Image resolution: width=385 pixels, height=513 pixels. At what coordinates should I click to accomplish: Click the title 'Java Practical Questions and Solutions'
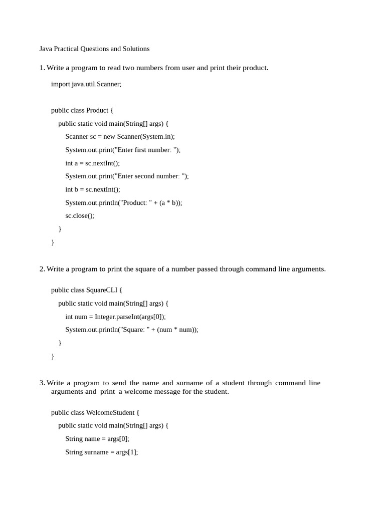click(94, 49)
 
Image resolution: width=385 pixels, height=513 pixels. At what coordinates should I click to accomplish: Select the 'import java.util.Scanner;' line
click(86, 84)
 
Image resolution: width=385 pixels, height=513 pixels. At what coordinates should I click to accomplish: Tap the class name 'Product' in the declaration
click(97, 110)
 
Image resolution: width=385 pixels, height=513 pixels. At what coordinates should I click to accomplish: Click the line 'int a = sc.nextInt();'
click(92, 163)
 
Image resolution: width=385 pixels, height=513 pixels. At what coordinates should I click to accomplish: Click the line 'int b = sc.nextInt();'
click(93, 189)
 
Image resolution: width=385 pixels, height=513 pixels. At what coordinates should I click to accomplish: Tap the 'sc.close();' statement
click(80, 215)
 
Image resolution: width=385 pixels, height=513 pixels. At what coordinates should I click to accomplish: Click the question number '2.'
click(42, 269)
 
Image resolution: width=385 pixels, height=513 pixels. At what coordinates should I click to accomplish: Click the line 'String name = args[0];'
click(97, 438)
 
